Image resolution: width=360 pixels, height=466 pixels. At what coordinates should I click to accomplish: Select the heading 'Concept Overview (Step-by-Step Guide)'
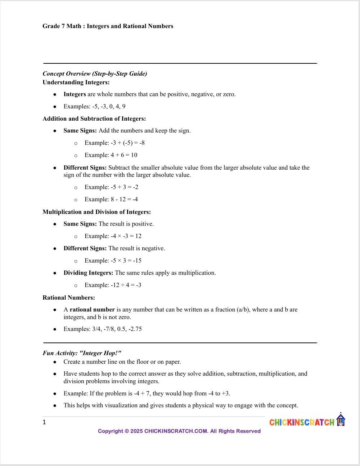95,73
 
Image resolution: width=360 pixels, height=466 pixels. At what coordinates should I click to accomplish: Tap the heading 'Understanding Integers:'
76,82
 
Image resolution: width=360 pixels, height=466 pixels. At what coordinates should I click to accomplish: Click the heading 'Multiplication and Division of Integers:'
96,212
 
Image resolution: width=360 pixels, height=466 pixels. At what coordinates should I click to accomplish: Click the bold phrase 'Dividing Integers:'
88,273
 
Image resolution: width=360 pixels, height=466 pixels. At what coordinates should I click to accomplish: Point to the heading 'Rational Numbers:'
69,297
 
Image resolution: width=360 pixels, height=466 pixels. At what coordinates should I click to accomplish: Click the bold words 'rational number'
92,309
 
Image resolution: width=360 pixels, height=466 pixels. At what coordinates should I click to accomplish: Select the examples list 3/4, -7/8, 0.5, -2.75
117,329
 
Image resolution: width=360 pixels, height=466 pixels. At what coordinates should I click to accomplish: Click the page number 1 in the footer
44,422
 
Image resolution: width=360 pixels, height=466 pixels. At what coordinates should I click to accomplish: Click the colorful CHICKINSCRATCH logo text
302,422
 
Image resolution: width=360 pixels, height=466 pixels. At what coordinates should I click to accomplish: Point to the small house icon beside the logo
341,420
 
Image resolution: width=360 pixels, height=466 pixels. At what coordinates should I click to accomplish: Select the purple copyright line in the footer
179,431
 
